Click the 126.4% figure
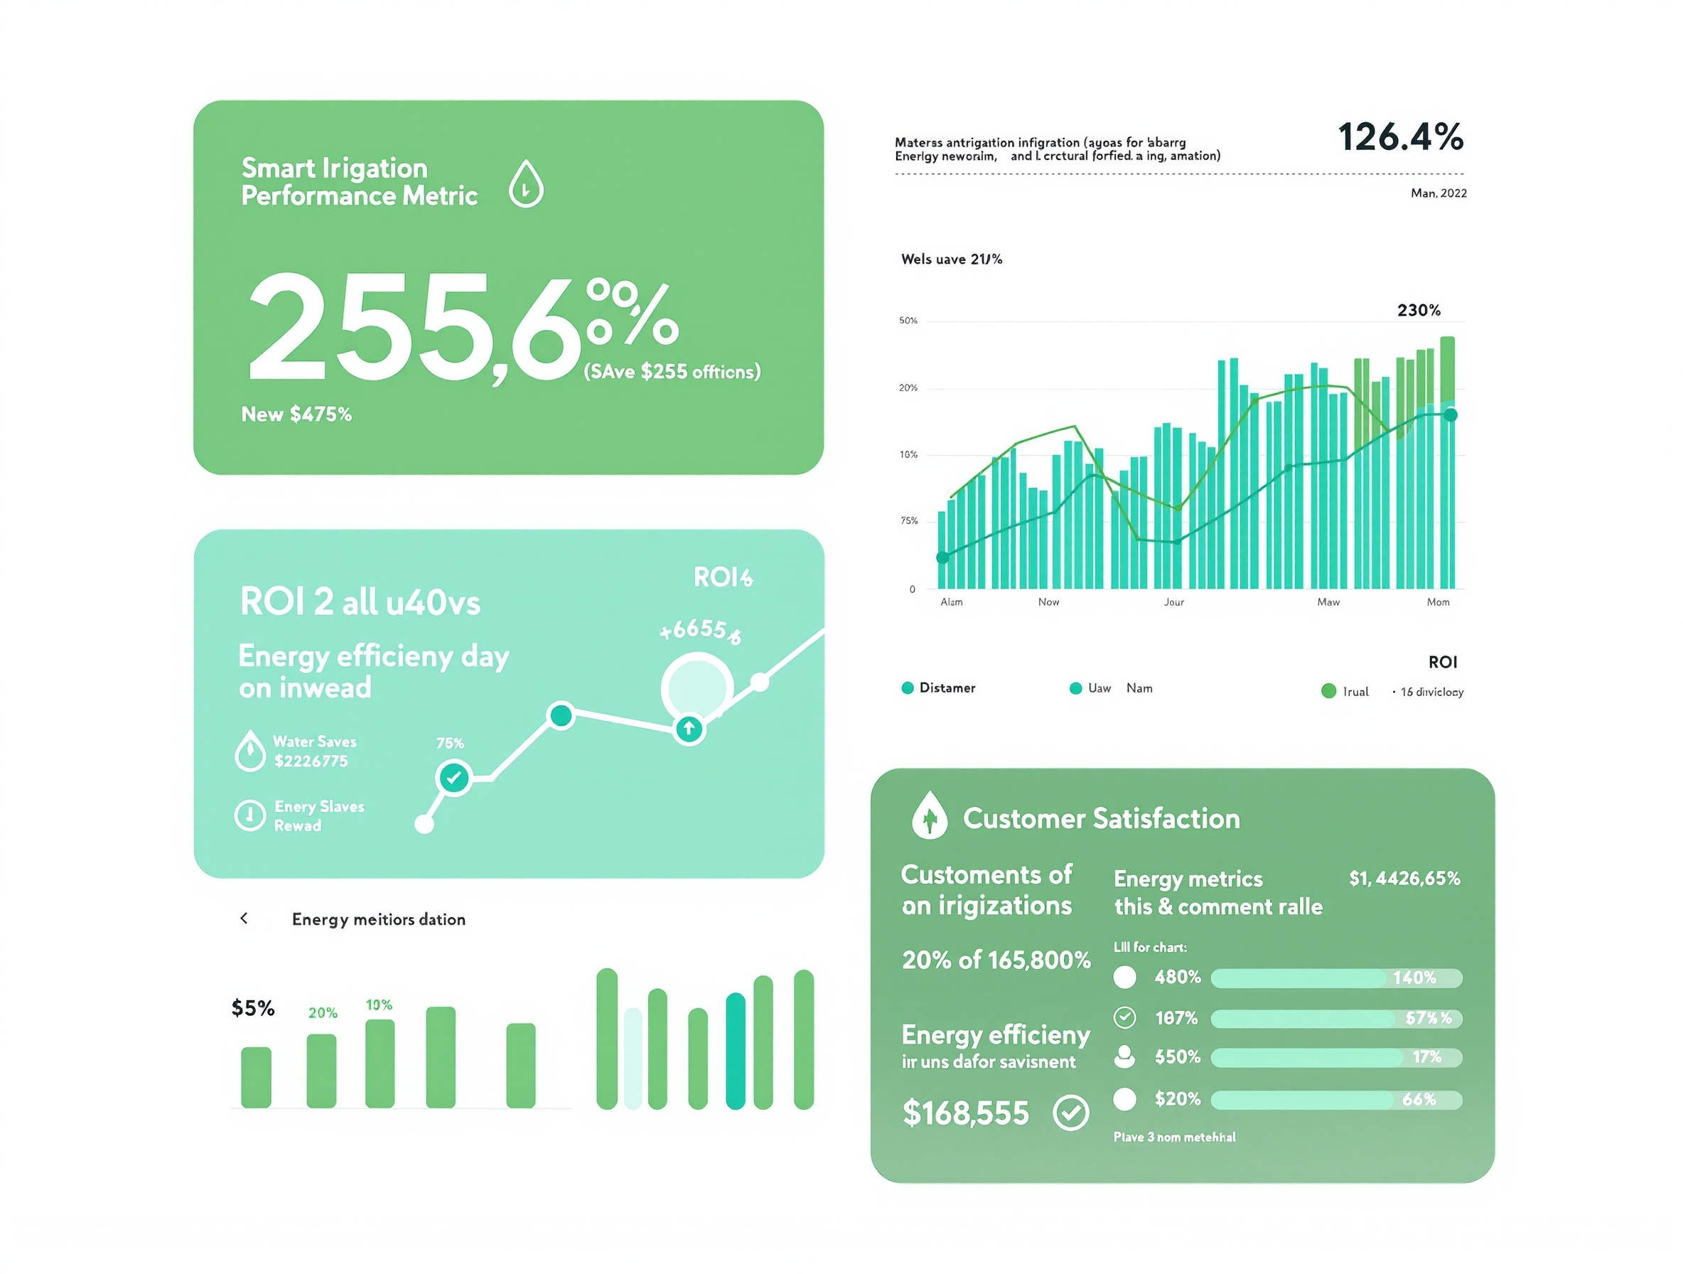pyautogui.click(x=1400, y=138)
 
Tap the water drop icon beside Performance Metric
pyautogui.click(x=526, y=183)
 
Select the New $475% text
pyautogui.click(x=296, y=414)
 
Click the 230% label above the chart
pyautogui.click(x=1418, y=311)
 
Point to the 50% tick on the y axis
pyautogui.click(x=908, y=321)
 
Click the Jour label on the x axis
pyautogui.click(x=1173, y=602)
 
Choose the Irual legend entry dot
pyautogui.click(x=1328, y=691)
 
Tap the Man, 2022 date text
pyautogui.click(x=1438, y=193)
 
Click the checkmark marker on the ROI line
pyautogui.click(x=454, y=778)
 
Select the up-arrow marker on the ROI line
pyautogui.click(x=689, y=729)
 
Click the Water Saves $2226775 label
pyautogui.click(x=314, y=751)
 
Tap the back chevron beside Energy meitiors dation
pyautogui.click(x=244, y=919)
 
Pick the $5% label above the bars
pyautogui.click(x=252, y=1008)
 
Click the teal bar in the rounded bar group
pyautogui.click(x=735, y=1051)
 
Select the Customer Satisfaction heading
pyautogui.click(x=1101, y=819)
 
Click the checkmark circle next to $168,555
pyautogui.click(x=1070, y=1113)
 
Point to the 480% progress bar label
pyautogui.click(x=1177, y=978)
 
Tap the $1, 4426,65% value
pyautogui.click(x=1404, y=878)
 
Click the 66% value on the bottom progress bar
pyautogui.click(x=1419, y=1100)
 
